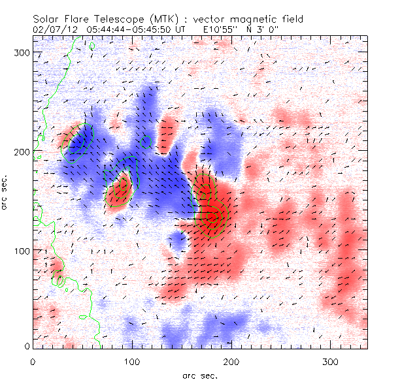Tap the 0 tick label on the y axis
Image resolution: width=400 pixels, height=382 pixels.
click(26, 347)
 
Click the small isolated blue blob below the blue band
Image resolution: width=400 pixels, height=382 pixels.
click(179, 242)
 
